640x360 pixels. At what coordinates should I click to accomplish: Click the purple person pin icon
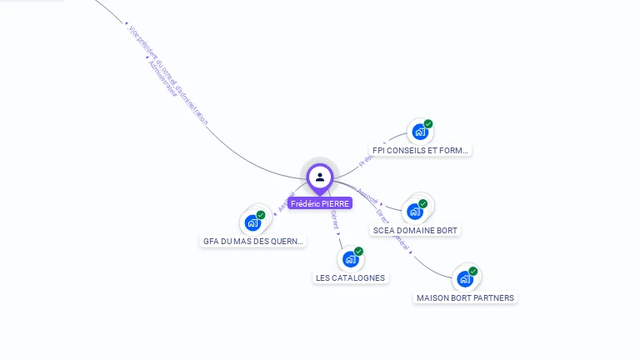click(x=320, y=177)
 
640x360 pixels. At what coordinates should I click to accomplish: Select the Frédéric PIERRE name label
click(x=320, y=203)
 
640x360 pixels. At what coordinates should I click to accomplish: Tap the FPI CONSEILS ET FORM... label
click(x=420, y=151)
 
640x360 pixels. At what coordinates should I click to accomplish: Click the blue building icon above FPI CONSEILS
click(x=419, y=132)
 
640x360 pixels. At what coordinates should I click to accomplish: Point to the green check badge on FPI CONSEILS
click(x=428, y=124)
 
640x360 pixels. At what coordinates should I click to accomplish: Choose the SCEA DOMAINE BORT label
click(x=415, y=230)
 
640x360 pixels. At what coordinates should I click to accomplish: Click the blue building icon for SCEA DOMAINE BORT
click(x=414, y=212)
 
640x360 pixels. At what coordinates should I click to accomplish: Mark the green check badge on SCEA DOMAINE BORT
click(x=423, y=203)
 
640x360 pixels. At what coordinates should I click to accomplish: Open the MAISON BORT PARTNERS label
click(x=466, y=297)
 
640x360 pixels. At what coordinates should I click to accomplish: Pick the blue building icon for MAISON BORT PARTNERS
click(x=464, y=279)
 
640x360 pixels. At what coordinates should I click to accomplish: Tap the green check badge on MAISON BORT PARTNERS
click(x=473, y=271)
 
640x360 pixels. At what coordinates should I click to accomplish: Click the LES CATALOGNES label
click(x=351, y=277)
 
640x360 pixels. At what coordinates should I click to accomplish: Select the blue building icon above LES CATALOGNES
click(x=350, y=259)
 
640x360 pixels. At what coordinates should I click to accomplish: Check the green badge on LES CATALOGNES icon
click(x=359, y=251)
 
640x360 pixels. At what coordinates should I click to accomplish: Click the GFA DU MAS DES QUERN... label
click(x=253, y=242)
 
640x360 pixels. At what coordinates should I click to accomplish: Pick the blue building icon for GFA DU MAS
click(x=252, y=222)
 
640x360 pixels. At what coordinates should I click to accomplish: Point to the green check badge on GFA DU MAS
click(x=261, y=215)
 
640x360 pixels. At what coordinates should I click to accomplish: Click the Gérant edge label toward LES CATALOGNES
click(x=334, y=219)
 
